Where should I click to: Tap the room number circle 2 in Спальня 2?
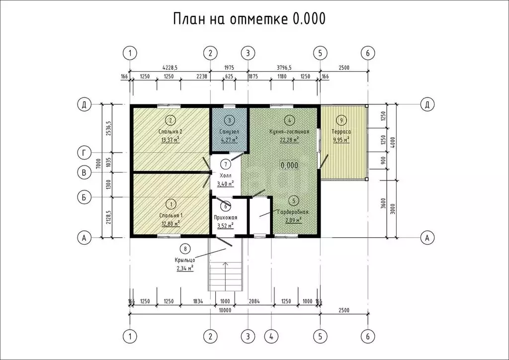[x=170, y=120]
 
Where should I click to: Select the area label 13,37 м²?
[x=170, y=140]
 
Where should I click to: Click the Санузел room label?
[x=229, y=132]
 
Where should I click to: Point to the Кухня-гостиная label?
[x=289, y=132]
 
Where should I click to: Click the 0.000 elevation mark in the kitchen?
[x=289, y=165]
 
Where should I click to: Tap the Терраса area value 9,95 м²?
[x=340, y=140]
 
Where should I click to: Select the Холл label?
[x=225, y=176]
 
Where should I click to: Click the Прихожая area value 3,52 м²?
[x=225, y=225]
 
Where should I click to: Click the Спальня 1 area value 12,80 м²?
[x=170, y=223]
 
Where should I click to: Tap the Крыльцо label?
[x=184, y=260]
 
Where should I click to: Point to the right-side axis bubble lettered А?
[x=426, y=238]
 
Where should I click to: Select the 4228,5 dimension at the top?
[x=170, y=67]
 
